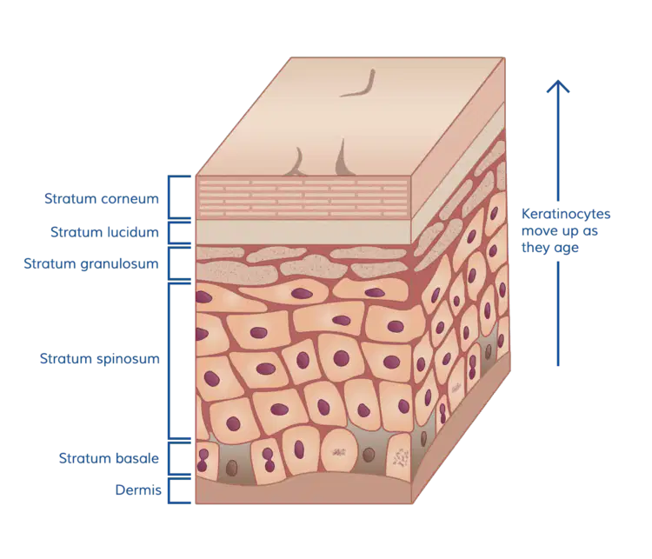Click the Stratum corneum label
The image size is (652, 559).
pyautogui.click(x=102, y=198)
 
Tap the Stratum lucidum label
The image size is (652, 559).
pyautogui.click(x=104, y=231)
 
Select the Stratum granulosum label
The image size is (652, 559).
pyautogui.click(x=91, y=263)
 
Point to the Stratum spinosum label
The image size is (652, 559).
pyautogui.click(x=99, y=358)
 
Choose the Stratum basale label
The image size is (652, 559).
pyautogui.click(x=109, y=458)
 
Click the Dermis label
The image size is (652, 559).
pyautogui.click(x=138, y=490)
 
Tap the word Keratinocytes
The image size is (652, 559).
pyautogui.click(x=566, y=214)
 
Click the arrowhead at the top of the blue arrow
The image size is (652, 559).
pyautogui.click(x=558, y=86)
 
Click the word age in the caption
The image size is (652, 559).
pyautogui.click(x=566, y=249)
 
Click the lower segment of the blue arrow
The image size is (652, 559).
pyautogui.click(x=558, y=314)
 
